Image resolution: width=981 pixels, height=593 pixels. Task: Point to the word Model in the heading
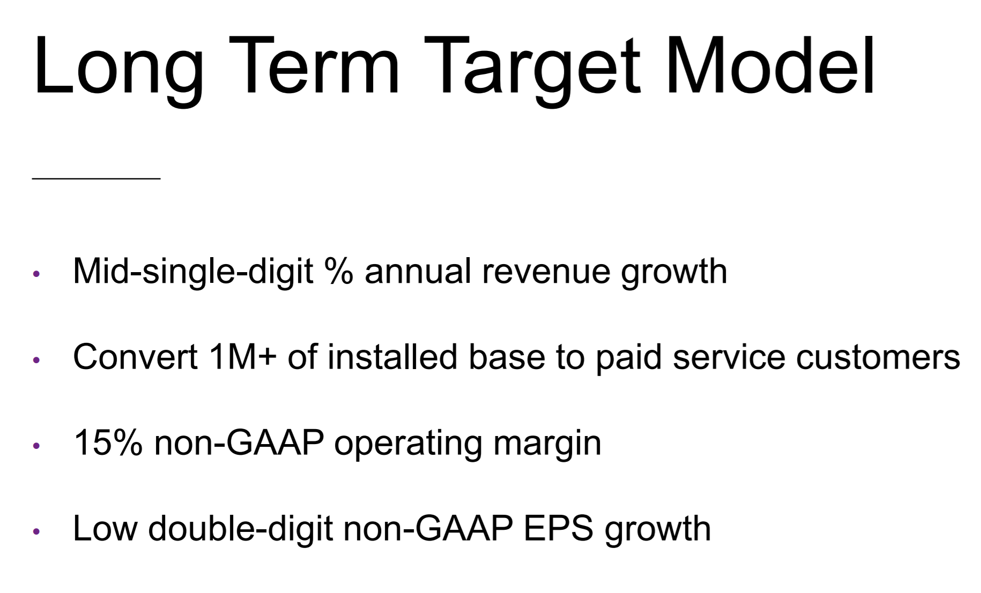coord(770,65)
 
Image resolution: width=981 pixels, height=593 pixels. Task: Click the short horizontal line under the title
coord(96,178)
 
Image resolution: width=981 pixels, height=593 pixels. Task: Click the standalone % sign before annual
coord(339,271)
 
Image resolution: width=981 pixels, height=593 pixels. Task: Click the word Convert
coord(136,357)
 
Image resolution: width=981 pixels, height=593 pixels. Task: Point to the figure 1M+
coord(243,357)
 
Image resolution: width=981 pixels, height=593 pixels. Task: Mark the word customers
coord(878,359)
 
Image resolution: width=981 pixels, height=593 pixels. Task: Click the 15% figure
coord(108,443)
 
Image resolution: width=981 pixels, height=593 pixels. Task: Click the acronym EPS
coord(559,529)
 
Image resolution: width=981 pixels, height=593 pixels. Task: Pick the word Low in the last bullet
coord(105,529)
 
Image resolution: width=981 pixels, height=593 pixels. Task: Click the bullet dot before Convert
coord(36,360)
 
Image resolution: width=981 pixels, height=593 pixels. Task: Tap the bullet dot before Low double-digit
coord(36,531)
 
